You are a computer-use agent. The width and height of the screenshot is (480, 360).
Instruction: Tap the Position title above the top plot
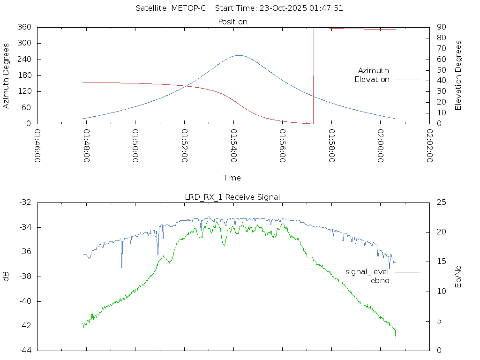(233, 22)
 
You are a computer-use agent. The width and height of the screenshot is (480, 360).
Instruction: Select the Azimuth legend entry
(374, 70)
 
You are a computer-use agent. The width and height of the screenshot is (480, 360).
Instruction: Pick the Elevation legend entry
(372, 80)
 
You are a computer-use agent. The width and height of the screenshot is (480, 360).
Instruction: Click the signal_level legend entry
(367, 271)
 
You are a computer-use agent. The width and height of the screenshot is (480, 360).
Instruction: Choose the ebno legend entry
(380, 280)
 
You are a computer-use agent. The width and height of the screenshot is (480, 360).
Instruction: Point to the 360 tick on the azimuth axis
(24, 27)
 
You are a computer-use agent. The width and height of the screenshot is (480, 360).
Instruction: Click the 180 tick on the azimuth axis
(24, 75)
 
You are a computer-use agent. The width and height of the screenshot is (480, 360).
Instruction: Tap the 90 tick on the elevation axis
(441, 27)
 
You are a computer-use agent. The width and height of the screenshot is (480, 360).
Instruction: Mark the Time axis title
(232, 178)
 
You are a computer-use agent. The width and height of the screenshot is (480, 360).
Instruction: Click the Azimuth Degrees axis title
(7, 75)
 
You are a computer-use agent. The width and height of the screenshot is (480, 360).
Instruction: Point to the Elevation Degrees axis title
(458, 75)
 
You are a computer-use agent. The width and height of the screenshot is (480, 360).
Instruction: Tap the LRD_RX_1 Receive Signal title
(232, 197)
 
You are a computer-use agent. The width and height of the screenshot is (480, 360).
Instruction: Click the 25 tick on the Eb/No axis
(442, 202)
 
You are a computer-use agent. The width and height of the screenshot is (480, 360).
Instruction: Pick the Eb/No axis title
(458, 277)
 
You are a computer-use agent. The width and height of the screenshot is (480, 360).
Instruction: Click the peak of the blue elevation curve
(239, 55)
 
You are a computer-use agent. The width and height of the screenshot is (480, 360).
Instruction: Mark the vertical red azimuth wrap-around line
(313, 75)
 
